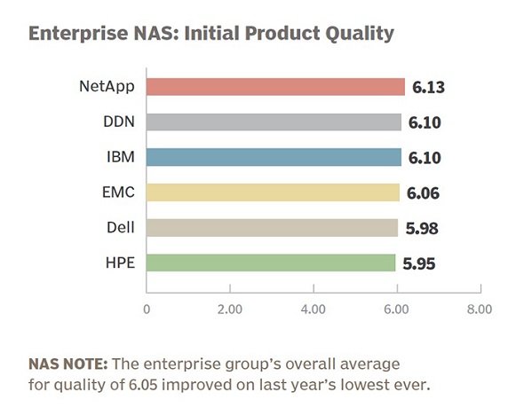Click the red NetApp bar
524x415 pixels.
[275, 87]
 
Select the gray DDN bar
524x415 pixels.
[274, 122]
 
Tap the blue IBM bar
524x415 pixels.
[274, 158]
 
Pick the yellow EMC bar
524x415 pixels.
[273, 192]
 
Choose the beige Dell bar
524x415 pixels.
[273, 228]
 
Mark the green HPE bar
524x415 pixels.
[271, 262]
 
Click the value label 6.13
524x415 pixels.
[428, 88]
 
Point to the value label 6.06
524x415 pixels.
[423, 193]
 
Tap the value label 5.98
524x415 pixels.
[422, 229]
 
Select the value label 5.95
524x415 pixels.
[419, 264]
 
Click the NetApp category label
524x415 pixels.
[107, 87]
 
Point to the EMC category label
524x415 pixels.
[119, 192]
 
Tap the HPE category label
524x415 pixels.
[120, 262]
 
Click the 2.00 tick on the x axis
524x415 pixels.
[230, 309]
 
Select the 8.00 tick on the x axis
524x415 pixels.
[480, 309]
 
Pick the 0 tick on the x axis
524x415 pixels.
[147, 309]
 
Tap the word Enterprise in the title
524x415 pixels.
[78, 34]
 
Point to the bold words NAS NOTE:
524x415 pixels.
[68, 364]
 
